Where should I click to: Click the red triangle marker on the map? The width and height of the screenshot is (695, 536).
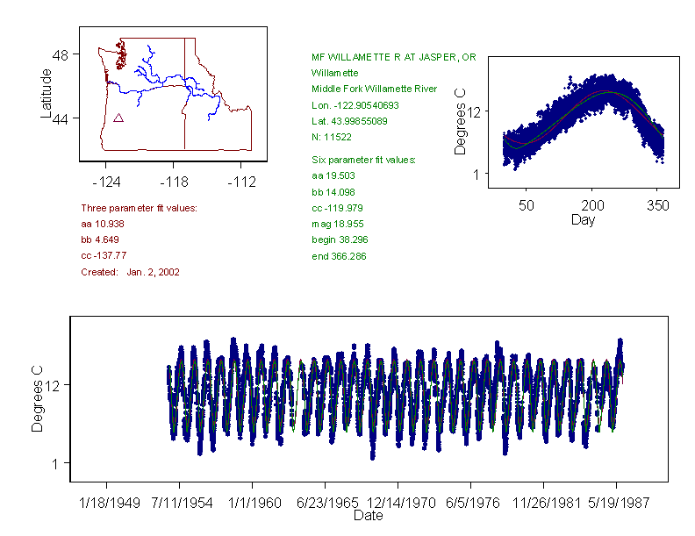[118, 118]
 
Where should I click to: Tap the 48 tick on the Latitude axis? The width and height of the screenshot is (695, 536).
[61, 54]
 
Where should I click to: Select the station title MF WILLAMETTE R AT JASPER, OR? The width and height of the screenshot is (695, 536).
[393, 57]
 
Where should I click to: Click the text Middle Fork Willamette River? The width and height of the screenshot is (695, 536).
[374, 89]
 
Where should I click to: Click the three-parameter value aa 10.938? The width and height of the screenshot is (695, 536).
[105, 224]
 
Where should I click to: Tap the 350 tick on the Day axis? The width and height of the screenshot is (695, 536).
[658, 205]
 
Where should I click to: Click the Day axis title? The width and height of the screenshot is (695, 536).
[582, 219]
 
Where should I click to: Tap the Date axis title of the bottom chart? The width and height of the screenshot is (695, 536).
[368, 516]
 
